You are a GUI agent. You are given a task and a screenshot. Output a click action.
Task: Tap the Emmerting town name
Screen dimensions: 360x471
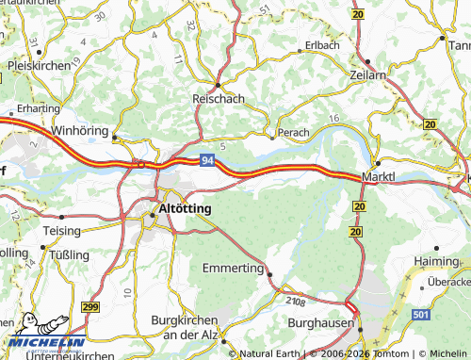coord(234,269)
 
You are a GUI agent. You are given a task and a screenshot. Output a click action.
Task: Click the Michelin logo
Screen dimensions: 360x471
coord(44,332)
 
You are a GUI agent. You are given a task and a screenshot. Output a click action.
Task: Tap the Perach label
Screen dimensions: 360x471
coord(292,134)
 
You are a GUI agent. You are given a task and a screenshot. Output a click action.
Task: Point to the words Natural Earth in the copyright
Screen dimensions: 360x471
coord(272,353)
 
